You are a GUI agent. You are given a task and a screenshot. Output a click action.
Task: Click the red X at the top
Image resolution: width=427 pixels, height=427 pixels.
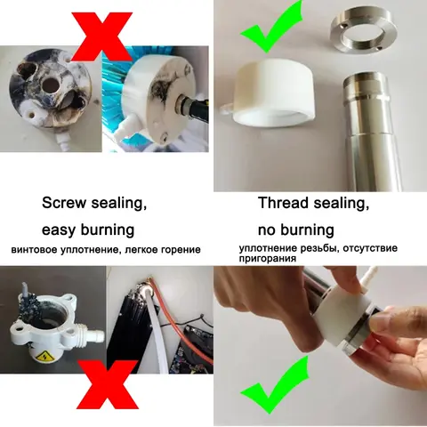click(x=101, y=36)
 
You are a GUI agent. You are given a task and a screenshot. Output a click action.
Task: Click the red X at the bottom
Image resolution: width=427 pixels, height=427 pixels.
click(x=108, y=384)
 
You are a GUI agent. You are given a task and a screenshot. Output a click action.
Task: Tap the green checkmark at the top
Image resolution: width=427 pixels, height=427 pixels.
click(x=271, y=28)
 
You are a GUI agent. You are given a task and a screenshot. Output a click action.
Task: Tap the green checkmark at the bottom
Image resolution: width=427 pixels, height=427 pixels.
click(x=274, y=385)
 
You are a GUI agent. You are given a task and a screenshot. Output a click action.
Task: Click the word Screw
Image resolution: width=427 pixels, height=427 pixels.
click(x=64, y=203)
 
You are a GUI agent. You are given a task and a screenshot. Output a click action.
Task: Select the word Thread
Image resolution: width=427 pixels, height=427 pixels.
click(x=284, y=203)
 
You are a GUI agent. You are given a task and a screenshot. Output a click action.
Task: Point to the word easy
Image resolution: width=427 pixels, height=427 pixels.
click(x=59, y=230)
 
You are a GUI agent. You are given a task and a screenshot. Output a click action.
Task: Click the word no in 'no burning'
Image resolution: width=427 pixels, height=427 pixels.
click(x=266, y=231)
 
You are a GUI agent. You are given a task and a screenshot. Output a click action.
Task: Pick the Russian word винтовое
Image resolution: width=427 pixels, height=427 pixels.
click(x=34, y=250)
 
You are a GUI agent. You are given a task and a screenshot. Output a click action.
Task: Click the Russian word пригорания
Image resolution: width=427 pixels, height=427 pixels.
click(x=268, y=259)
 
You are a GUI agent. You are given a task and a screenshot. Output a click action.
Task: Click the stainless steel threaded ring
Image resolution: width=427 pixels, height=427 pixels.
click(x=364, y=33)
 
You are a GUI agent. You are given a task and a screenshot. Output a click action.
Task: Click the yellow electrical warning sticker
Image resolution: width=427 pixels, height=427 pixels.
click(x=44, y=356)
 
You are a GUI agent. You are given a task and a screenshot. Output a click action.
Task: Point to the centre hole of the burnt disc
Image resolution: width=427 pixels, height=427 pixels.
click(x=51, y=85)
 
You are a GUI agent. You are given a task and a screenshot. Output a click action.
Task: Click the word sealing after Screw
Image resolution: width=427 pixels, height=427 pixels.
click(x=119, y=204)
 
